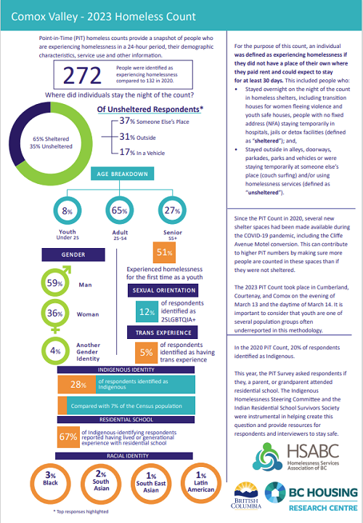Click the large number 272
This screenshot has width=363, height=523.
pyautogui.click(x=82, y=76)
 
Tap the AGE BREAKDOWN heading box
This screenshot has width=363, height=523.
pyautogui.click(x=122, y=174)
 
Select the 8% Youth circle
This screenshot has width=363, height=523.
pyautogui.click(x=68, y=210)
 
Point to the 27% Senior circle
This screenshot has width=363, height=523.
pyautogui.click(x=172, y=210)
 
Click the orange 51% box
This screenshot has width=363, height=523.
pyautogui.click(x=164, y=252)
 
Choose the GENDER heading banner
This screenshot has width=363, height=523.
pyautogui.click(x=73, y=255)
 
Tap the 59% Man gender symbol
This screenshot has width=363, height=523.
pyautogui.click(x=56, y=282)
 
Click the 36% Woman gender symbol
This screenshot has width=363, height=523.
pyautogui.click(x=55, y=315)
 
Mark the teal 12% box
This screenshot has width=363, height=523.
pyautogui.click(x=147, y=311)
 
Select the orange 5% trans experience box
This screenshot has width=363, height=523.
pyautogui.click(x=146, y=353)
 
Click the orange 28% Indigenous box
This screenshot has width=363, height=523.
pyautogui.click(x=77, y=385)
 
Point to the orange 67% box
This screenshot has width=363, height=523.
pyautogui.click(x=68, y=437)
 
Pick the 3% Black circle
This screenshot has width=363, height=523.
pyautogui.click(x=51, y=483)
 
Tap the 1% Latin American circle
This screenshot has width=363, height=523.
pyautogui.click(x=201, y=483)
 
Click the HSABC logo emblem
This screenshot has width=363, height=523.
pyautogui.click(x=268, y=457)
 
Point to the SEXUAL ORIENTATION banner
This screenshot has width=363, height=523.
pyautogui.click(x=163, y=290)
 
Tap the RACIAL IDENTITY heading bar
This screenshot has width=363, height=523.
pyautogui.click(x=124, y=456)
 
